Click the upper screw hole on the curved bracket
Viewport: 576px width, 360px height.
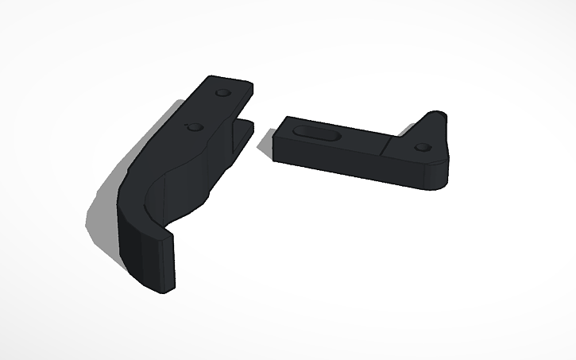pos(222,93)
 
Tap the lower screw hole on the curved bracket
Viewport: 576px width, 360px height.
pos(191,126)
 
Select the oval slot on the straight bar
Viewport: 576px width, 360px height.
pos(313,132)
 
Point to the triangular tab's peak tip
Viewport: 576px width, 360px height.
pos(437,113)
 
